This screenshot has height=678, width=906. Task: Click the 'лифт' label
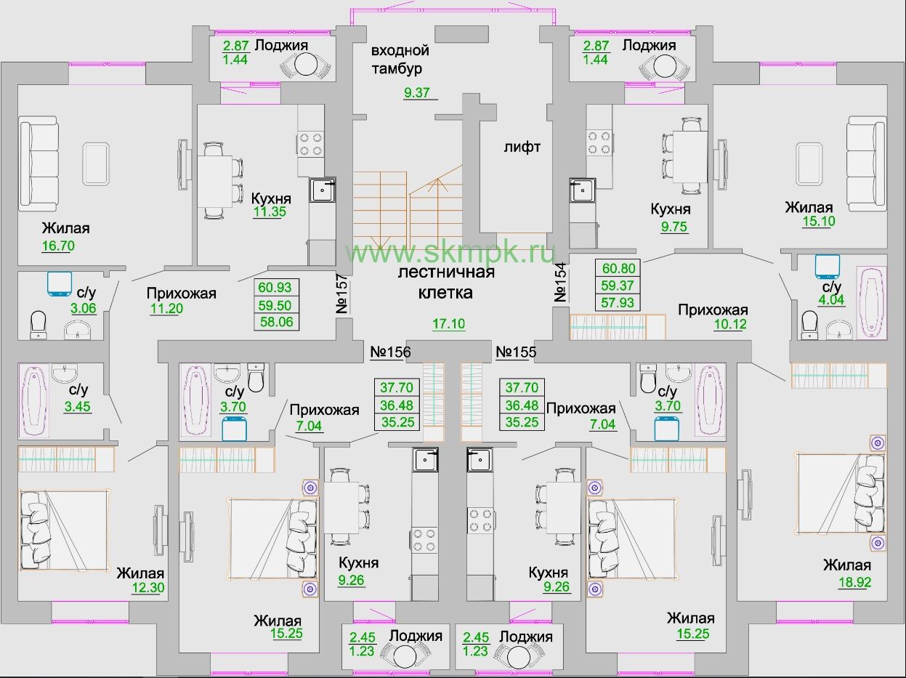coord(522,147)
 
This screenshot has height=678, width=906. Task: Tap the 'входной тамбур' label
coord(400,60)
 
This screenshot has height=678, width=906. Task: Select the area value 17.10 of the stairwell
coord(448,323)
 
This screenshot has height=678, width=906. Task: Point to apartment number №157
coord(342,294)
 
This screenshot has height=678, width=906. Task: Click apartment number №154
coord(560,283)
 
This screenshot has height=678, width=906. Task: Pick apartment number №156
coord(390,352)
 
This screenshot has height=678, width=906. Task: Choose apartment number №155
coord(516,352)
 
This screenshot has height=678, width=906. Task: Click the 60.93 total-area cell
coord(275,287)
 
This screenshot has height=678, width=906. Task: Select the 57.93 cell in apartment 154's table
coord(618,302)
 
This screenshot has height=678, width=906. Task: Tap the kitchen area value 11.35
coord(270,211)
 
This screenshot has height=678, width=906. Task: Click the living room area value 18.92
coord(854,582)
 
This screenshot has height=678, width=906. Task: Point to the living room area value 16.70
coord(58,246)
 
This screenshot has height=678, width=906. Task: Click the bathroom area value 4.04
coord(831,299)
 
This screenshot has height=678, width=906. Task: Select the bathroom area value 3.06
coord(84,308)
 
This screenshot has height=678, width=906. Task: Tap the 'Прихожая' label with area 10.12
coord(713,310)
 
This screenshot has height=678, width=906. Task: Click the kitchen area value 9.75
coord(674,227)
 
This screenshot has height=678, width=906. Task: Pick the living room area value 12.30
coord(148,587)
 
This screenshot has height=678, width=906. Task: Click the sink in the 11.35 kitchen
coord(323,190)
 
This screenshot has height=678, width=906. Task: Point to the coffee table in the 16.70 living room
coord(96,164)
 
